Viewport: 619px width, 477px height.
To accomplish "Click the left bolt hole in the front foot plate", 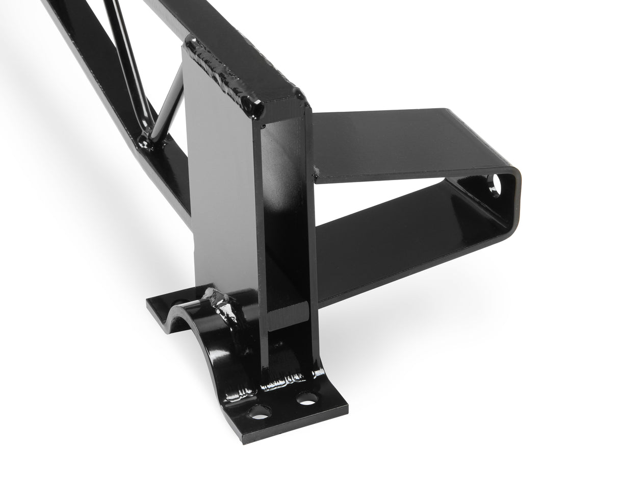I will coord(260,411).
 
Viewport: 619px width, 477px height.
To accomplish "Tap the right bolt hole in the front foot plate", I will coord(307,398).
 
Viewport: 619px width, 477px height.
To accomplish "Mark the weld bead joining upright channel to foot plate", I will coord(286,380).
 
